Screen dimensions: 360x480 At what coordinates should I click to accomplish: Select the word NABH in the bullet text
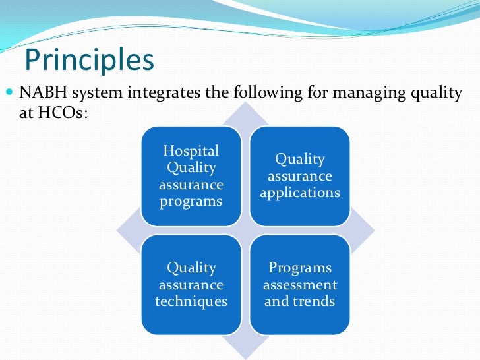42,93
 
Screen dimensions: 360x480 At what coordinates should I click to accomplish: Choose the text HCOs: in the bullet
50,113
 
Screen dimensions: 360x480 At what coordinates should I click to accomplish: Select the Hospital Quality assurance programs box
191,175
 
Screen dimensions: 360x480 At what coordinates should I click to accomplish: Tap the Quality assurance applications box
300,175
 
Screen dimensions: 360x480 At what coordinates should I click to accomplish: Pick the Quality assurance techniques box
191,285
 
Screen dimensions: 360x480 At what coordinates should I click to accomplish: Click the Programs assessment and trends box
300,285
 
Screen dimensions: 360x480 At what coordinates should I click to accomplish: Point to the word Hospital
191,152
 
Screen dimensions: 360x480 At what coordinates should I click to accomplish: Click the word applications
300,193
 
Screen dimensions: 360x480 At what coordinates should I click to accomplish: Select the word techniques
191,302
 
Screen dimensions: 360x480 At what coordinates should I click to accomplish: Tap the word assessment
300,285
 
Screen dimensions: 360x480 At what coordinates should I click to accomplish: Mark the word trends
314,302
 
